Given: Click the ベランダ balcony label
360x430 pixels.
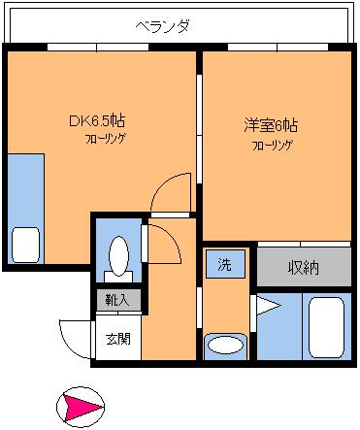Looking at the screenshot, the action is (x=162, y=26).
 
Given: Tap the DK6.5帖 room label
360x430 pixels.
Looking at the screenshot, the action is (x=97, y=120).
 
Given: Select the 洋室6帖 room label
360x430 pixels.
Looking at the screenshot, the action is (x=271, y=125).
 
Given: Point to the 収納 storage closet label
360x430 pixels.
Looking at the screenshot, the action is (x=304, y=268).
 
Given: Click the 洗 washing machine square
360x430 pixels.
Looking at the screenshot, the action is (x=225, y=264).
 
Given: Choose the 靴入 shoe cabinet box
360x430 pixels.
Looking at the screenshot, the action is (x=118, y=300).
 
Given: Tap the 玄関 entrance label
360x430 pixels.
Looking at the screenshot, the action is (x=118, y=339).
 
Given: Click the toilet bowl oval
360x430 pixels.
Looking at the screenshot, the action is (x=118, y=256).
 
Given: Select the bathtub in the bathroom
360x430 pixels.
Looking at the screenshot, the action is (x=326, y=327).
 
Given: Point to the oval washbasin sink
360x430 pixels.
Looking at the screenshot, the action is (x=225, y=345).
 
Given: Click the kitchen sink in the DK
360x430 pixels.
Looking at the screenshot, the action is (x=25, y=245).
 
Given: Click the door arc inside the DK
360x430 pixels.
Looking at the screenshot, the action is (x=161, y=184).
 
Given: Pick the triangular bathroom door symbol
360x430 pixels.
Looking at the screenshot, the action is (x=268, y=306).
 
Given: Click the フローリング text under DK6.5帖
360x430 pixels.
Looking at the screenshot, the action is (x=106, y=139).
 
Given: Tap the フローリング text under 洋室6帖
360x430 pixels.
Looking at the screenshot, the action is (x=272, y=146).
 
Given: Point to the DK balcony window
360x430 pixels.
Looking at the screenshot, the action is (x=98, y=48).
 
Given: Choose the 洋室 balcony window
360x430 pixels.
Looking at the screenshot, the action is (x=278, y=48).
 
